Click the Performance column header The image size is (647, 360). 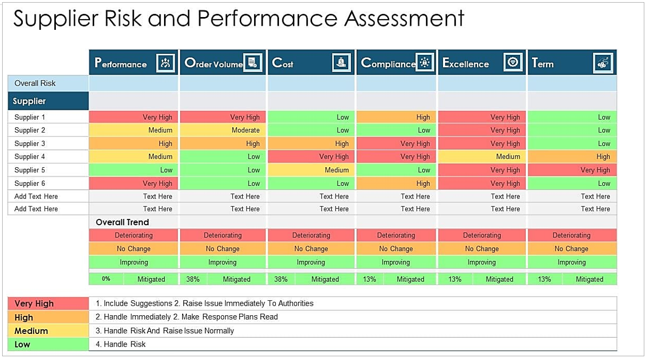[121, 63]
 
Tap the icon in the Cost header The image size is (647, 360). [341, 63]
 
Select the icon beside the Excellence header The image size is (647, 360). [513, 63]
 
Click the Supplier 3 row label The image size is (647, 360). [30, 143]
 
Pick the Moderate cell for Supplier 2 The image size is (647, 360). [245, 130]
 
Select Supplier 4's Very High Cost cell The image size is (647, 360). [333, 157]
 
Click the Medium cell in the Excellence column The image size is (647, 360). [507, 157]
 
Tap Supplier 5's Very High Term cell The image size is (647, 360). [595, 170]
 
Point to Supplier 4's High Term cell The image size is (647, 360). [603, 157]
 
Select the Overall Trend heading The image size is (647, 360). [122, 222]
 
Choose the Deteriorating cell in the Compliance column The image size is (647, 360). [396, 235]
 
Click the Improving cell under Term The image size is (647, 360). [571, 262]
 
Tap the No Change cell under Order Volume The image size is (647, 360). [223, 249]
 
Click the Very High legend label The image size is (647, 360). [34, 304]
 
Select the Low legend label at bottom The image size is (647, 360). [22, 345]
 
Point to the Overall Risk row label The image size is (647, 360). [35, 83]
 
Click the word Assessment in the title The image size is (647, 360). [404, 19]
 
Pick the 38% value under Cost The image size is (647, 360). [281, 279]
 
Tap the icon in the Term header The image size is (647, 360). [603, 63]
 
